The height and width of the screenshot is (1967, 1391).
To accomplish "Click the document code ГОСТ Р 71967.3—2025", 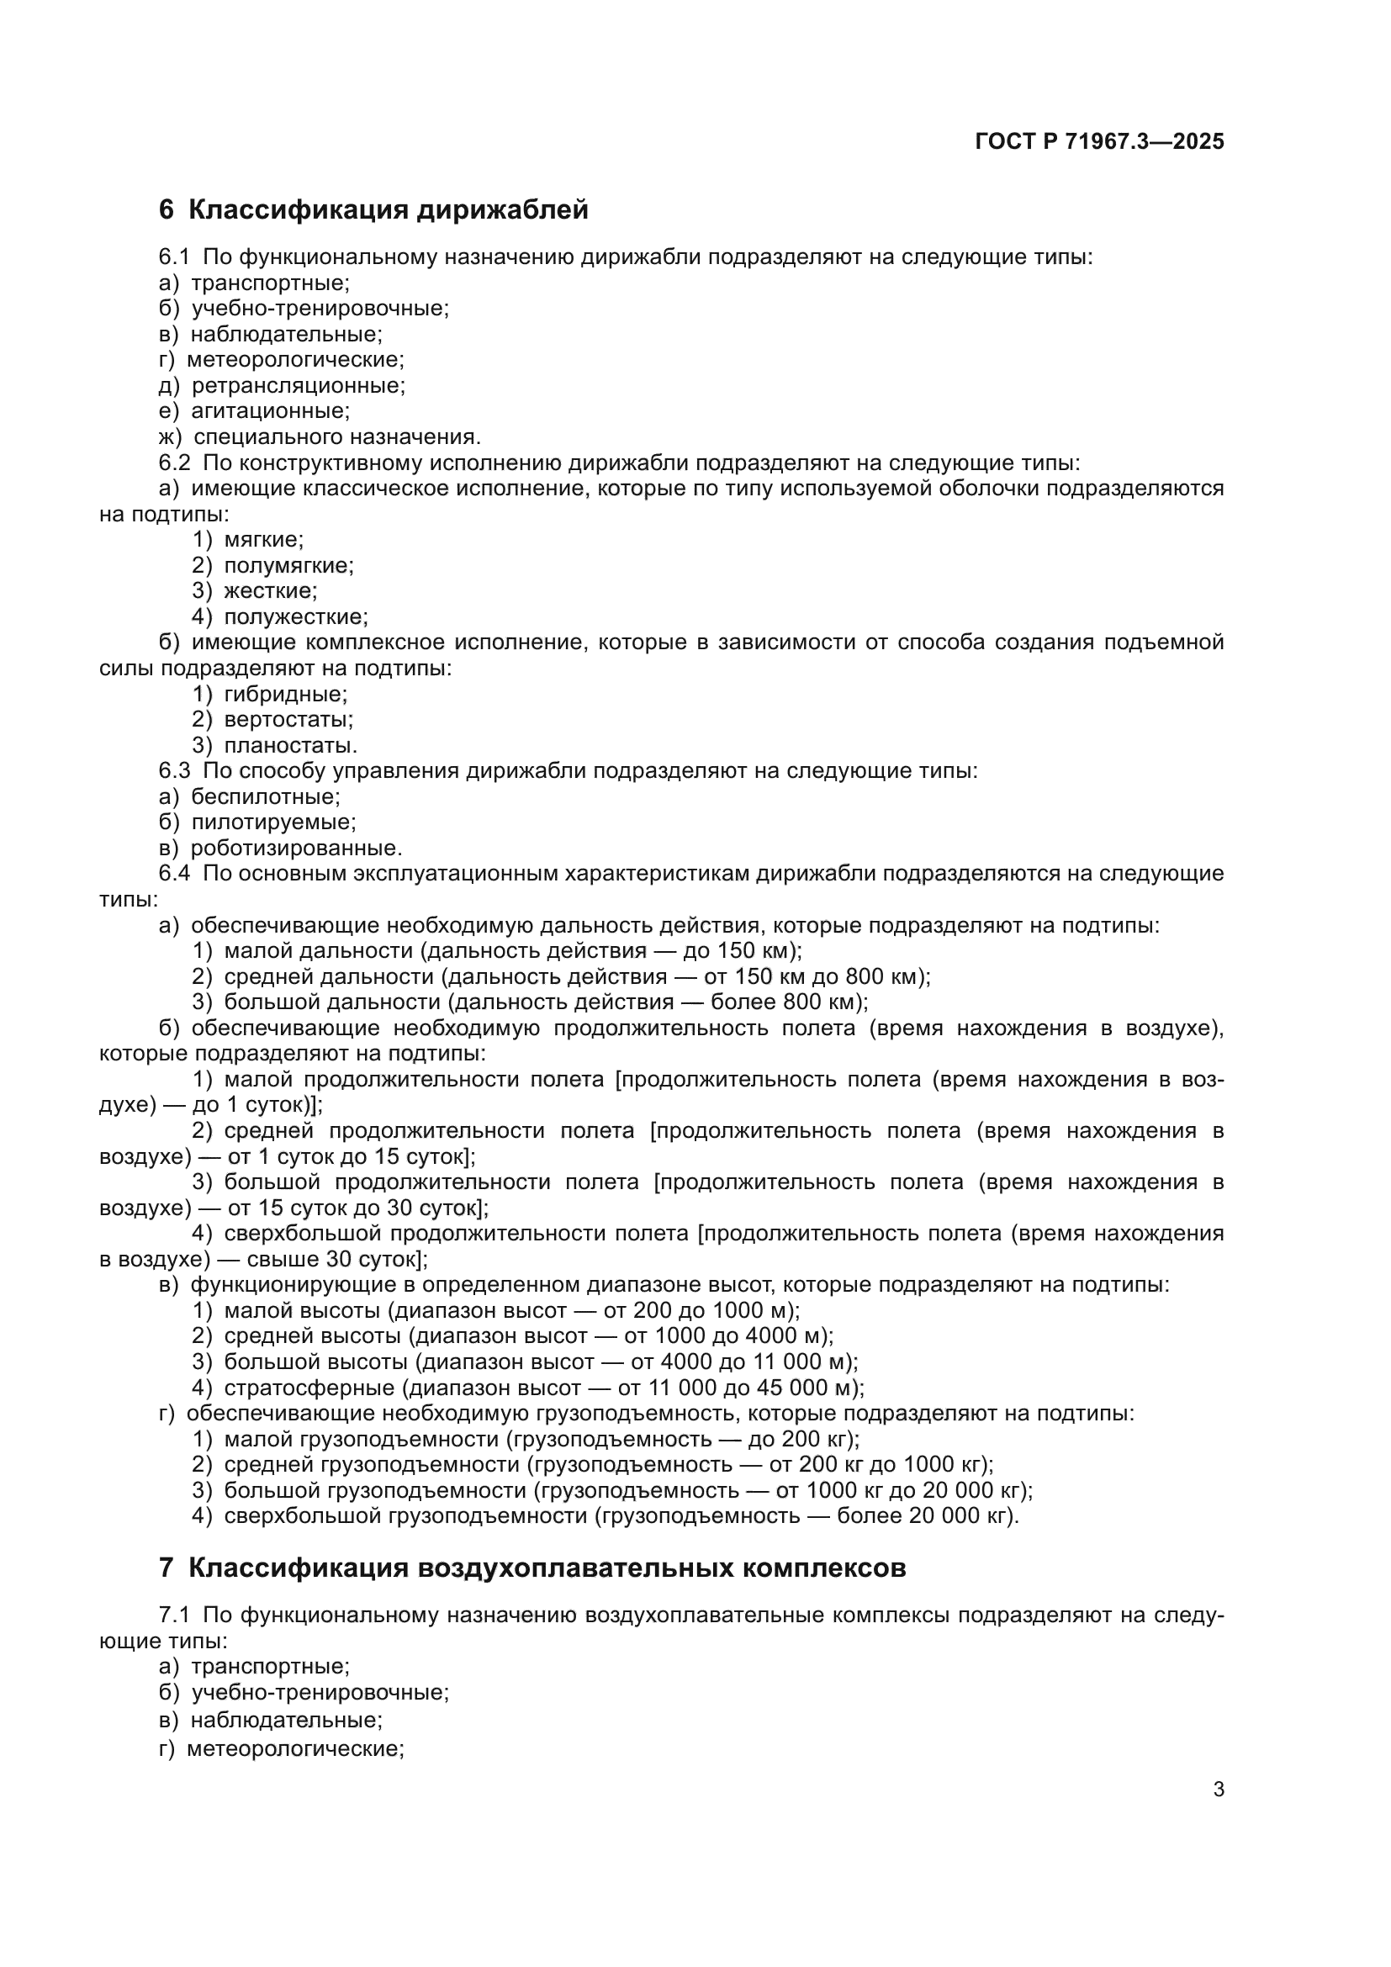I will pos(1099,142).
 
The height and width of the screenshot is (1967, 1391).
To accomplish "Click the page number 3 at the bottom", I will pos(1218,1790).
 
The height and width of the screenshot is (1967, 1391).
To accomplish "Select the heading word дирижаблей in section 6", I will pos(502,210).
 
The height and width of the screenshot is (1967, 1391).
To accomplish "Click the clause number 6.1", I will pos(174,257).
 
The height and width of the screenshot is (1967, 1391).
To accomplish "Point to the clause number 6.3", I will pos(174,771).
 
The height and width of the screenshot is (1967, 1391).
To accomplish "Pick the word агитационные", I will pos(270,411).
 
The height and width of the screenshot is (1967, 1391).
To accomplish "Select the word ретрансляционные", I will pos(298,385).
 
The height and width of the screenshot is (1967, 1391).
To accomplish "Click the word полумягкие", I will pos(288,565).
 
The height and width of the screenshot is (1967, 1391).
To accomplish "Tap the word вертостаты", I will pos(288,720).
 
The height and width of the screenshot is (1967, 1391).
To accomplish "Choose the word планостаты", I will pos(290,745).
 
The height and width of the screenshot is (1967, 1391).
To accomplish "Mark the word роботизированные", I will pos(296,849).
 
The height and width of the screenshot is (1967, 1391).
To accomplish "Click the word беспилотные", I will pos(266,796).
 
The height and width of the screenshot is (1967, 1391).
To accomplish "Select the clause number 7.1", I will pos(174,1615).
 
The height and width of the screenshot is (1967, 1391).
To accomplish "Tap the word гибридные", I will pos(285,694).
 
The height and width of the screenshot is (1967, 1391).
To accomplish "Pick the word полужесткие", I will pos(295,616).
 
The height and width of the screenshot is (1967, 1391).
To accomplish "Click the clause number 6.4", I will pos(174,874).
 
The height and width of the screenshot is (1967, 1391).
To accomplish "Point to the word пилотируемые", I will pos(273,822).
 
